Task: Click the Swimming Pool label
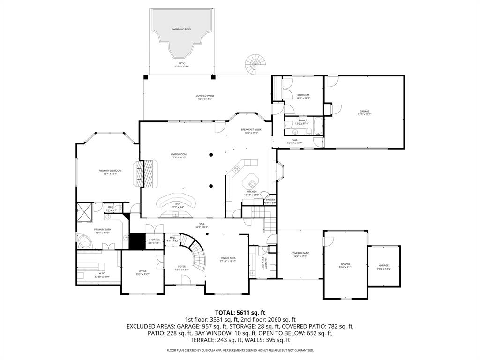pyautogui.click(x=181, y=29)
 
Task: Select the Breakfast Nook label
pyautogui.click(x=251, y=129)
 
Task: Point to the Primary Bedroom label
pyautogui.click(x=110, y=171)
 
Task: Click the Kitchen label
pyautogui.click(x=252, y=192)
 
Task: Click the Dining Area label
pyautogui.click(x=228, y=258)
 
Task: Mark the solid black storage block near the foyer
pyautogui.click(x=137, y=242)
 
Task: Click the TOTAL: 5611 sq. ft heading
pyautogui.click(x=240, y=312)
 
